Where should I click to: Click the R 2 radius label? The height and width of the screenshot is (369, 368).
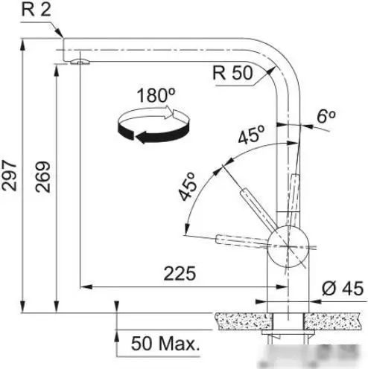37,10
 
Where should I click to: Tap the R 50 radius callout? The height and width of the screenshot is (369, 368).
232,73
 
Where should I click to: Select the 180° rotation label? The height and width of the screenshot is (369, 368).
156,95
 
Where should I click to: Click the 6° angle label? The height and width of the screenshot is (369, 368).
326,116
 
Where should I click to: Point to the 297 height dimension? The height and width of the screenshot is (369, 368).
9,175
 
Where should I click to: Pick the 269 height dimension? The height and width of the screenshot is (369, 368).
42,176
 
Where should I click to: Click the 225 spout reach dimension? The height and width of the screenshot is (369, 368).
180,274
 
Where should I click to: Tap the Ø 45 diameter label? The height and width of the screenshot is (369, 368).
343,289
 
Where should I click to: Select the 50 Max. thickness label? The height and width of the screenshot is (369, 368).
165,344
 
